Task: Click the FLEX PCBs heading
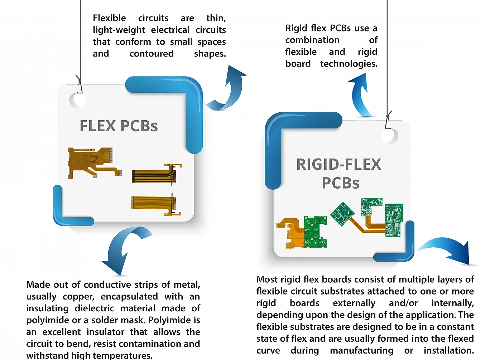pyautogui.click(x=119, y=126)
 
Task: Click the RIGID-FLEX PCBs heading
pyautogui.click(x=339, y=174)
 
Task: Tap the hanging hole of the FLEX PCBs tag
pyautogui.click(x=78, y=100)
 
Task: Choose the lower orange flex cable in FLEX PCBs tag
pyautogui.click(x=156, y=204)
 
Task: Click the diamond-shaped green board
pyautogui.click(x=342, y=214)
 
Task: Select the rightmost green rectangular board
pyautogui.click(x=394, y=220)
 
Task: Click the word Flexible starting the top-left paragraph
pyautogui.click(x=109, y=18)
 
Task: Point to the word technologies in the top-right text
pyautogui.click(x=349, y=64)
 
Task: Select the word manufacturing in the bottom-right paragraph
pyautogui.click(x=361, y=351)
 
